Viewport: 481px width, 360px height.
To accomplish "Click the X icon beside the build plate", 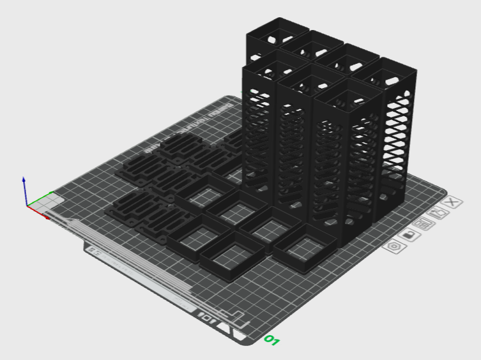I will click(452, 202).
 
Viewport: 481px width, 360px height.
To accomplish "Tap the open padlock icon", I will click(409, 236).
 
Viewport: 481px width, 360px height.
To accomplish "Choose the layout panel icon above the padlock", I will click(422, 224).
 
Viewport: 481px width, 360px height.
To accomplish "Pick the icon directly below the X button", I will click(439, 214).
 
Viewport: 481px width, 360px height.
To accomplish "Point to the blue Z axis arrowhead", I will click(24, 180).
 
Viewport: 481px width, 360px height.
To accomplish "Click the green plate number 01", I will click(272, 340).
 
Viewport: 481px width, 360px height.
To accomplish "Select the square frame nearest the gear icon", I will click(307, 247).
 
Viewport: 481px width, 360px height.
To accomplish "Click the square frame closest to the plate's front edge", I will click(232, 258).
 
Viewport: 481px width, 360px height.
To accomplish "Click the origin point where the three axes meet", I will click(27, 206).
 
